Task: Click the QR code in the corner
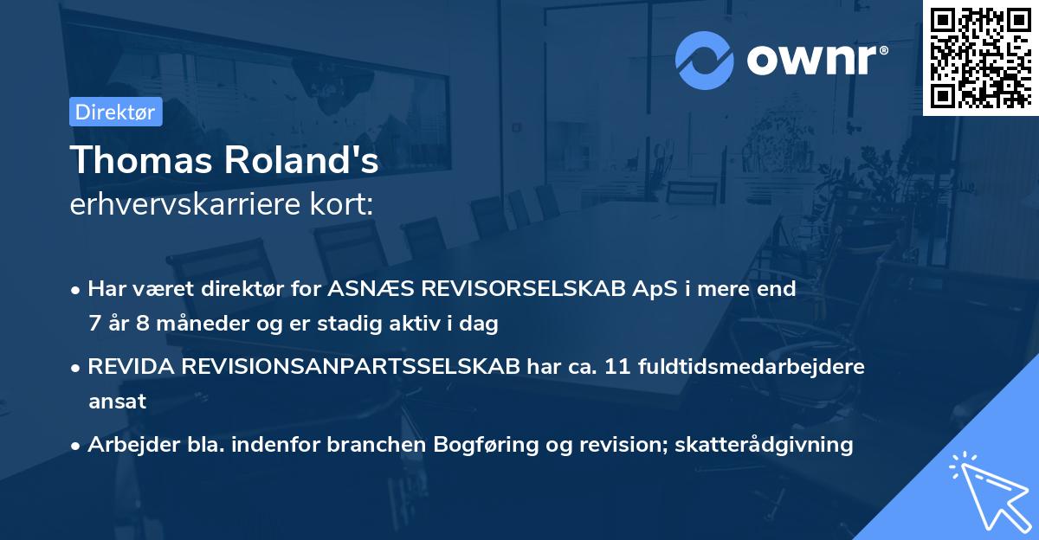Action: [981, 57]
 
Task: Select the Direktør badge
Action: [116, 112]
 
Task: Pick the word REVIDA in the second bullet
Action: [132, 367]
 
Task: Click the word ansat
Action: [117, 402]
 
